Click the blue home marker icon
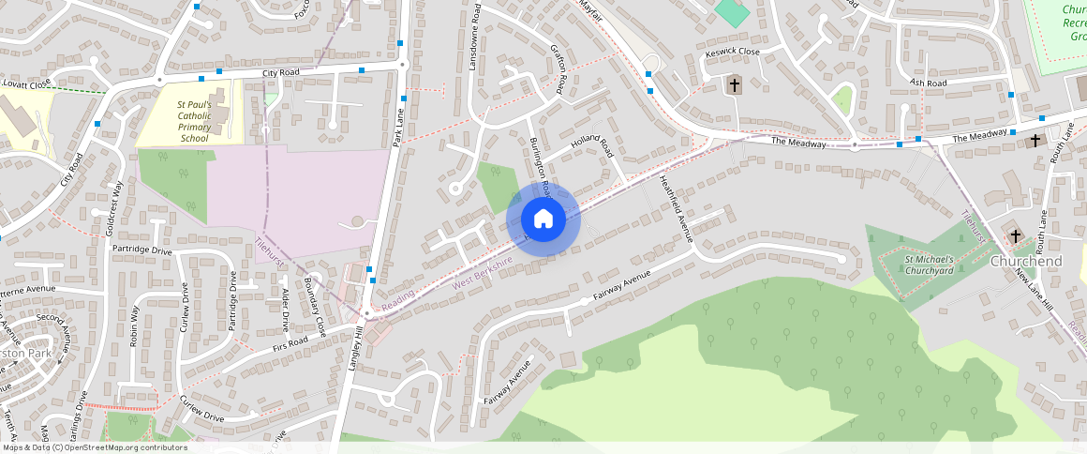543,219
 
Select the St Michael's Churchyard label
929,265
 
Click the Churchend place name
1027,261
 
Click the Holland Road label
591,147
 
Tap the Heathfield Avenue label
675,209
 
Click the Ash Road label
929,83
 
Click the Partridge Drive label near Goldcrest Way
141,250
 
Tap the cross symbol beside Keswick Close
735,85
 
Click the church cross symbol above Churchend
1016,235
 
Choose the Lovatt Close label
26,84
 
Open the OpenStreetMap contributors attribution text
94,447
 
